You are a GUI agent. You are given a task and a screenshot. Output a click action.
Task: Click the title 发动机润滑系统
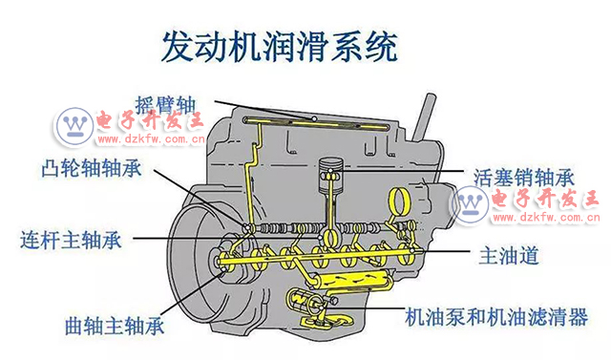280,47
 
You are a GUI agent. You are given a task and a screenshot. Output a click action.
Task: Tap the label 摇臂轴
165,104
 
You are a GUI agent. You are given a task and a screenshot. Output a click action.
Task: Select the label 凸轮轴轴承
92,168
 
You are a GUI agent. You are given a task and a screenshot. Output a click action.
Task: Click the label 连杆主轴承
71,240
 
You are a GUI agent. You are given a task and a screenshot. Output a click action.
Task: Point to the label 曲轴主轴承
115,326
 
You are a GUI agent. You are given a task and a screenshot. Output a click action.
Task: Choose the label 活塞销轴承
524,178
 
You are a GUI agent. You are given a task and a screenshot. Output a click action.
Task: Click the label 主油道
509,255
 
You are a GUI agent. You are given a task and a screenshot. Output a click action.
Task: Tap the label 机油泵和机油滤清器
496,317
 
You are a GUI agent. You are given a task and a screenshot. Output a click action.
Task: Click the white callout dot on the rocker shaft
314,118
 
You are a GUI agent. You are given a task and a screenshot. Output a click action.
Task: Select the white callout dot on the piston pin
330,171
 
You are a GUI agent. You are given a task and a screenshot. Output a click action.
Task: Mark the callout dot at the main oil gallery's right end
411,250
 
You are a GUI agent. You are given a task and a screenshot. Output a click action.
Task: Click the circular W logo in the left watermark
74,126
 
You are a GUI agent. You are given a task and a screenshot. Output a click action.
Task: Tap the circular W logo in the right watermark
471,204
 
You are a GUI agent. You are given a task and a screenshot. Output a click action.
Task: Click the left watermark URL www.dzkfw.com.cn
151,139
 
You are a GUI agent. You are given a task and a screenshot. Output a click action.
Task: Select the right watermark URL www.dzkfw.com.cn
546,218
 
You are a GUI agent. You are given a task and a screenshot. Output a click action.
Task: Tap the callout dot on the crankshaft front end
222,268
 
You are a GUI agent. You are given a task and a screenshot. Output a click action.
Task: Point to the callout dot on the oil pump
321,307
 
